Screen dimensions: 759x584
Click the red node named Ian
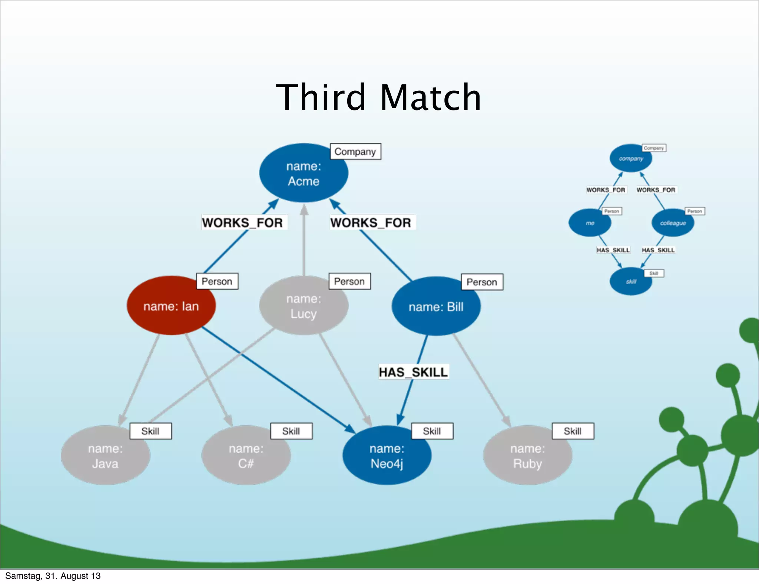point(171,306)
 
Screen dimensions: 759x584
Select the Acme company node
point(304,173)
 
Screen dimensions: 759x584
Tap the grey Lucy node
point(304,306)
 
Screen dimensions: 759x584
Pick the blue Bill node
point(436,306)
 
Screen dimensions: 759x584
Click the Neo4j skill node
point(387,455)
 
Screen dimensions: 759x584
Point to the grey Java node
point(105,455)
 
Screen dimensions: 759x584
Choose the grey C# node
point(246,455)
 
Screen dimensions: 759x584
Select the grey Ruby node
point(528,455)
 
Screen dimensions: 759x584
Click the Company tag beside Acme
point(355,152)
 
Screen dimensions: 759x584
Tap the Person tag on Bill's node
point(482,282)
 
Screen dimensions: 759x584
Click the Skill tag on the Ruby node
point(573,431)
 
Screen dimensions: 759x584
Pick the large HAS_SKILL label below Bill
point(414,372)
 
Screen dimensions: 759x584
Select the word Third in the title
point(321,97)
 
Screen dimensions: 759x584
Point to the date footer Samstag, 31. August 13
point(53,576)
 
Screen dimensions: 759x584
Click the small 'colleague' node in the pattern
point(673,223)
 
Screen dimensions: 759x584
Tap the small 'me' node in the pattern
point(590,223)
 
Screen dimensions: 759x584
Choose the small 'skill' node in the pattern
point(631,281)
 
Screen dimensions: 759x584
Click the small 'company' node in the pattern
point(631,158)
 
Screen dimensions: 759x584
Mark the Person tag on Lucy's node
point(349,281)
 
